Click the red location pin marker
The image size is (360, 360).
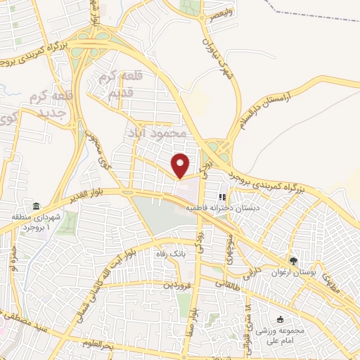click(x=181, y=165)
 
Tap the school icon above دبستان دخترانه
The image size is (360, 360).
click(x=222, y=197)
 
